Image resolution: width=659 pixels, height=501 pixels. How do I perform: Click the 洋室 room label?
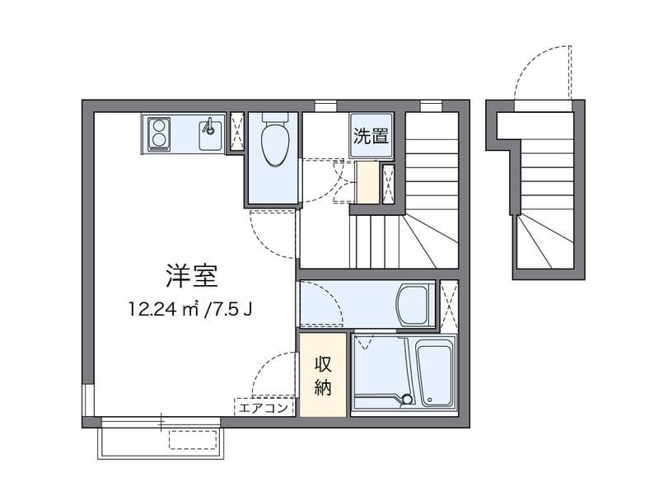click(191, 276)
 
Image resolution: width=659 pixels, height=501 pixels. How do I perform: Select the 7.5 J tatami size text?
click(233, 310)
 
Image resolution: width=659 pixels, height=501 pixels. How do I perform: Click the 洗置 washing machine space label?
click(371, 136)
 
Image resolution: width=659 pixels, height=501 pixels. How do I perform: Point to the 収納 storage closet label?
click(323, 375)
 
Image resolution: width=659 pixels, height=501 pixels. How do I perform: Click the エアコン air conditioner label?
click(264, 407)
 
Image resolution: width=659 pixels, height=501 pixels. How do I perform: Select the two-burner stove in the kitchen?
click(159, 133)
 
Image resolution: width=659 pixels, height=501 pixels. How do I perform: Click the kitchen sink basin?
click(210, 133)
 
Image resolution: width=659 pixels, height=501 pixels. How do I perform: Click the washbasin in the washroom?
click(413, 305)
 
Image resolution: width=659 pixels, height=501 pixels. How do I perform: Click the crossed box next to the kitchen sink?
click(236, 132)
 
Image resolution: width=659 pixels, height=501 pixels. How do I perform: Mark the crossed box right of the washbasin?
click(449, 305)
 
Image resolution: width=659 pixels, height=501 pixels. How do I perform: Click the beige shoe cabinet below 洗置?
click(367, 183)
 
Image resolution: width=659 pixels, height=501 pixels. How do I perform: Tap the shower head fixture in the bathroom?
click(405, 400)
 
